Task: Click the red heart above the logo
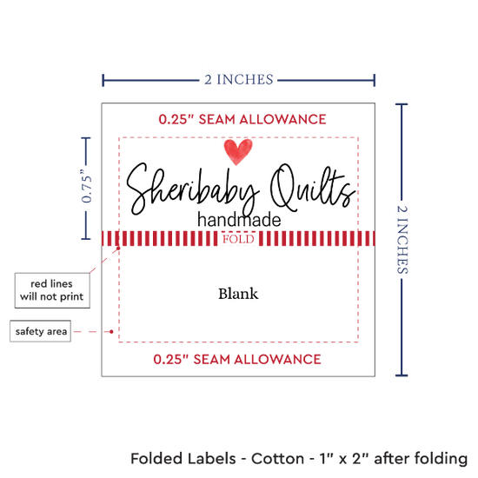pyautogui.click(x=238, y=151)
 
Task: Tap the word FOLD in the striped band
pyautogui.click(x=238, y=239)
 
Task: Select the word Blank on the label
pyautogui.click(x=238, y=294)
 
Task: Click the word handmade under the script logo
pyautogui.click(x=239, y=220)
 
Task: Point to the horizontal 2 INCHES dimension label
pyautogui.click(x=239, y=80)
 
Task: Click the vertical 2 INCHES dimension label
pyautogui.click(x=402, y=239)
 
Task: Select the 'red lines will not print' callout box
pyautogui.click(x=52, y=290)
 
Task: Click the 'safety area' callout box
pyautogui.click(x=41, y=331)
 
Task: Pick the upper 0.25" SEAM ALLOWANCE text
pyautogui.click(x=242, y=119)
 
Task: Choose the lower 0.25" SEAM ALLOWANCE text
pyautogui.click(x=237, y=360)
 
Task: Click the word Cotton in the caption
pyautogui.click(x=277, y=459)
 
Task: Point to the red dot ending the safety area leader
pyautogui.click(x=111, y=331)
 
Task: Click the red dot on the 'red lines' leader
pyautogui.click(x=118, y=249)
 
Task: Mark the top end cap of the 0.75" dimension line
pyautogui.click(x=86, y=138)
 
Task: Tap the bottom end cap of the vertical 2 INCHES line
pyautogui.click(x=402, y=375)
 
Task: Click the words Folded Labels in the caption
pyautogui.click(x=183, y=459)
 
